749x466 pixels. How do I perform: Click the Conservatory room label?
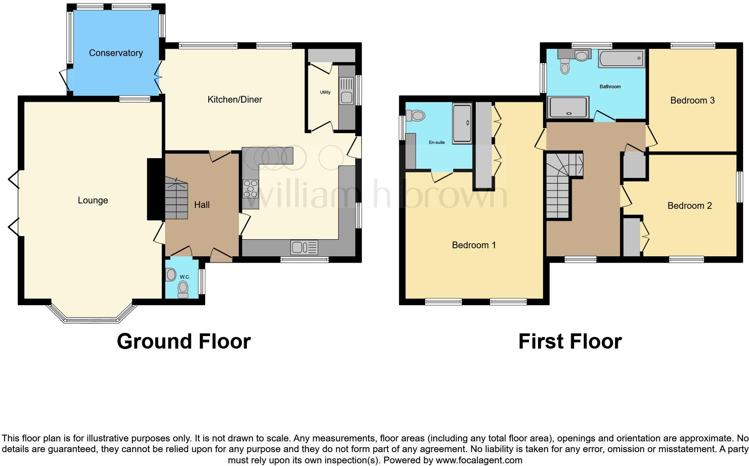(116, 53)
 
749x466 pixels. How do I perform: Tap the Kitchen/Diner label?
(235, 99)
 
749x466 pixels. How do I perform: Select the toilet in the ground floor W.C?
(183, 290)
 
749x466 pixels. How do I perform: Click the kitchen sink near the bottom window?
(304, 247)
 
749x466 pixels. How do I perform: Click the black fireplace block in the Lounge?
(155, 189)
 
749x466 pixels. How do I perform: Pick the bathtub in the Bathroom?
(621, 59)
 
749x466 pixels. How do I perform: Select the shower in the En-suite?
(462, 124)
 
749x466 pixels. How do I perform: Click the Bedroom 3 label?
(692, 100)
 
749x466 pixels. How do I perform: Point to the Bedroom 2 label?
(689, 206)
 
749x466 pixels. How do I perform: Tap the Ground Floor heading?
(184, 341)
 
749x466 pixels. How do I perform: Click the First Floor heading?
(570, 341)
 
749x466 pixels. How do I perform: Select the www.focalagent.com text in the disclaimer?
(478, 460)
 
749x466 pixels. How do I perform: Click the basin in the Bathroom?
(581, 56)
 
